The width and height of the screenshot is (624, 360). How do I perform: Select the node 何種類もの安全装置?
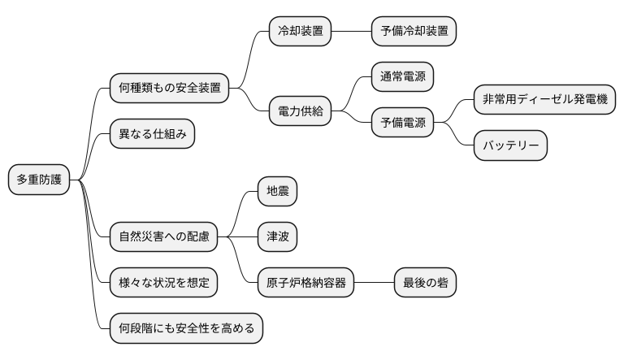pyautogui.click(x=169, y=88)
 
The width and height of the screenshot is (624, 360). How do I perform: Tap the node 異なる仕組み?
pyautogui.click(x=152, y=134)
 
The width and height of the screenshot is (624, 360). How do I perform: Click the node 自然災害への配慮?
pyautogui.click(x=163, y=237)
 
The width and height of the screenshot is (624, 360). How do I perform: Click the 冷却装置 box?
pyautogui.click(x=301, y=32)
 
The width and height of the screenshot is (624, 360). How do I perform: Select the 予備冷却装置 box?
pyautogui.click(x=413, y=32)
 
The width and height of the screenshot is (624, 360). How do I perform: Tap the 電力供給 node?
pyautogui.click(x=301, y=111)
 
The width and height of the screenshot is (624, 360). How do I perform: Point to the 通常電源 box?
pyautogui.click(x=402, y=77)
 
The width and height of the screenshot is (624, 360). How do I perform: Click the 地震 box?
pyautogui.click(x=278, y=192)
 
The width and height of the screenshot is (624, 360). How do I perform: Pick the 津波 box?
pyautogui.click(x=278, y=237)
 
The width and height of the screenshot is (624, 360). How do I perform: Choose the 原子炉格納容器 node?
pyautogui.click(x=306, y=283)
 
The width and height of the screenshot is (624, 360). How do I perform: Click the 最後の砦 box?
pyautogui.click(x=425, y=283)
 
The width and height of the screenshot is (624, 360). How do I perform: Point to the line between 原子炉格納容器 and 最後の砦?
pyautogui.click(x=375, y=283)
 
